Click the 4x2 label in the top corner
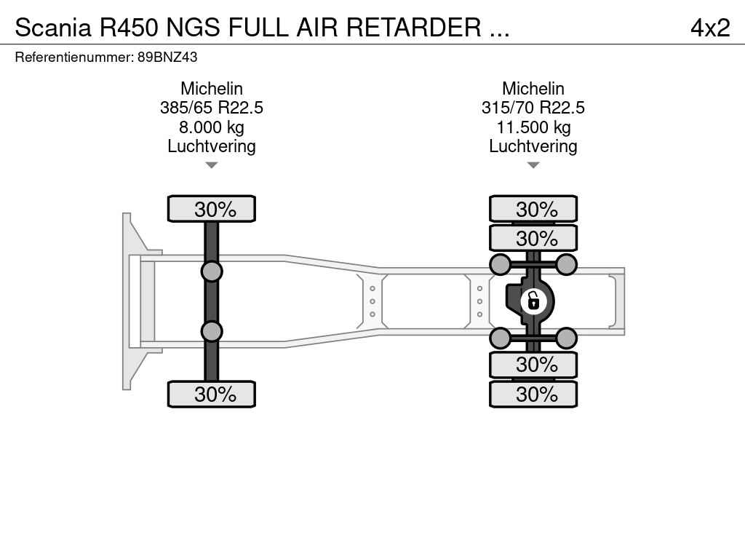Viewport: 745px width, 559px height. pyautogui.click(x=710, y=28)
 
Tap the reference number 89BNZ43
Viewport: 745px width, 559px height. pyautogui.click(x=167, y=57)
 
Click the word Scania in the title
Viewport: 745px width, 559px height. pyautogui.click(x=52, y=28)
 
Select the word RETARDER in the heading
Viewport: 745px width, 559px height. pyautogui.click(x=413, y=28)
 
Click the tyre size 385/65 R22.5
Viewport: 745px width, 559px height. pyautogui.click(x=212, y=108)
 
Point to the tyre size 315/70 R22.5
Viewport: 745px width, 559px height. pyautogui.click(x=533, y=108)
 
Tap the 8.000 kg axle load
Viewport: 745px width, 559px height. pyautogui.click(x=212, y=127)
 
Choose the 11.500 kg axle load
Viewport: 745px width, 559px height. pyautogui.click(x=533, y=127)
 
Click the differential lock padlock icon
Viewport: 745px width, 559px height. pyautogui.click(x=533, y=301)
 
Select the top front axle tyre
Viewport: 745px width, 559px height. pyautogui.click(x=212, y=209)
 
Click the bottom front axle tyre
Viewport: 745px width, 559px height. pyautogui.click(x=212, y=394)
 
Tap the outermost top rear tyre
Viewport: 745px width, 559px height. pyautogui.click(x=533, y=209)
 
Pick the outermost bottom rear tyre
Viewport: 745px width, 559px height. pyautogui.click(x=533, y=394)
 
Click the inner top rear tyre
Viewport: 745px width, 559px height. pyautogui.click(x=533, y=238)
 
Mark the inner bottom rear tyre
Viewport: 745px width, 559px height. pyautogui.click(x=533, y=365)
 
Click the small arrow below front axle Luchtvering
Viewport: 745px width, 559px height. pyautogui.click(x=212, y=165)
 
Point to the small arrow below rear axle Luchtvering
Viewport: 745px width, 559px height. pyautogui.click(x=533, y=165)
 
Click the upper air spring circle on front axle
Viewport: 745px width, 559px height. pyautogui.click(x=212, y=272)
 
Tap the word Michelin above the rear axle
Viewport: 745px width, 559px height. pyautogui.click(x=533, y=88)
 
